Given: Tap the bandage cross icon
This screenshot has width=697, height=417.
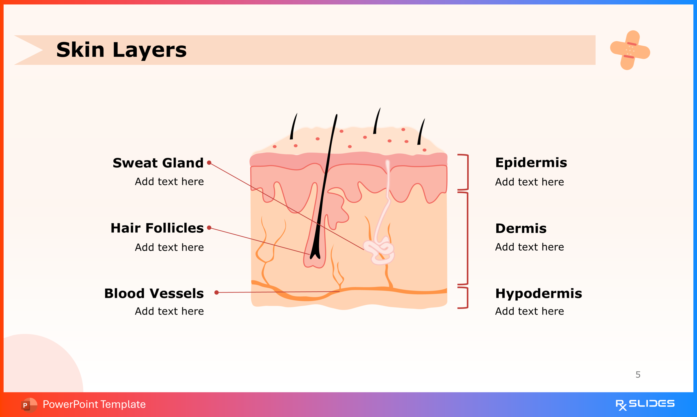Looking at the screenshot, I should [x=630, y=50].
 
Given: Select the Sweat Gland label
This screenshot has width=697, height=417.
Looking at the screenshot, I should [x=158, y=163].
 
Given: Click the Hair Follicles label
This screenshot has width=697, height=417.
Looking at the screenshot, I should [x=157, y=228].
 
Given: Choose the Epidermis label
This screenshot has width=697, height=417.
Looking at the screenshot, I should [x=531, y=163].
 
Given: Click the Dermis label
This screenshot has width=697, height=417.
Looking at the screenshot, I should [x=521, y=228].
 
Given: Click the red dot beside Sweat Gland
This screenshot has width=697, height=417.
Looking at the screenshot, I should [x=209, y=163].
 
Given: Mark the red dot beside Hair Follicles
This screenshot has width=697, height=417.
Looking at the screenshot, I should [x=209, y=228].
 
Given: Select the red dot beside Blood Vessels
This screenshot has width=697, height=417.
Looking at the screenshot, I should [x=216, y=293].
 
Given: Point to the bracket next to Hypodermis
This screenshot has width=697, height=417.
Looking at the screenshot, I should [x=464, y=298].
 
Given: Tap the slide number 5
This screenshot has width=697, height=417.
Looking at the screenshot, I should [x=638, y=375].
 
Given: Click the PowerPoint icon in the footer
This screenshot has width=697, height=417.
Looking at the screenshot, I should [x=29, y=405].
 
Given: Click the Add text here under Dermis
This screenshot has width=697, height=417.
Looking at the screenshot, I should [x=529, y=247].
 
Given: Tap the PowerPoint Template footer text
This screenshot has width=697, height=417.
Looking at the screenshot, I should [x=94, y=404].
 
